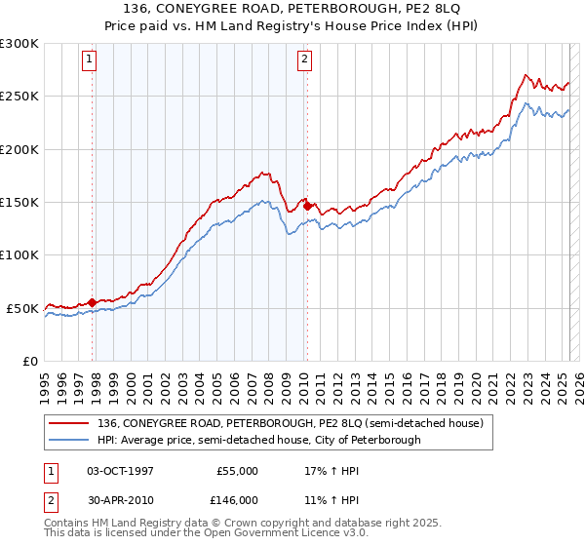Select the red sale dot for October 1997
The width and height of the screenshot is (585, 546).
point(93,302)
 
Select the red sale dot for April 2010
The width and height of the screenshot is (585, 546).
point(307,206)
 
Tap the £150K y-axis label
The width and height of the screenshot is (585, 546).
point(19,202)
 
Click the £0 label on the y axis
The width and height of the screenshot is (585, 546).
point(30,361)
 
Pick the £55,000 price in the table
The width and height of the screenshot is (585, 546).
point(236,470)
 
